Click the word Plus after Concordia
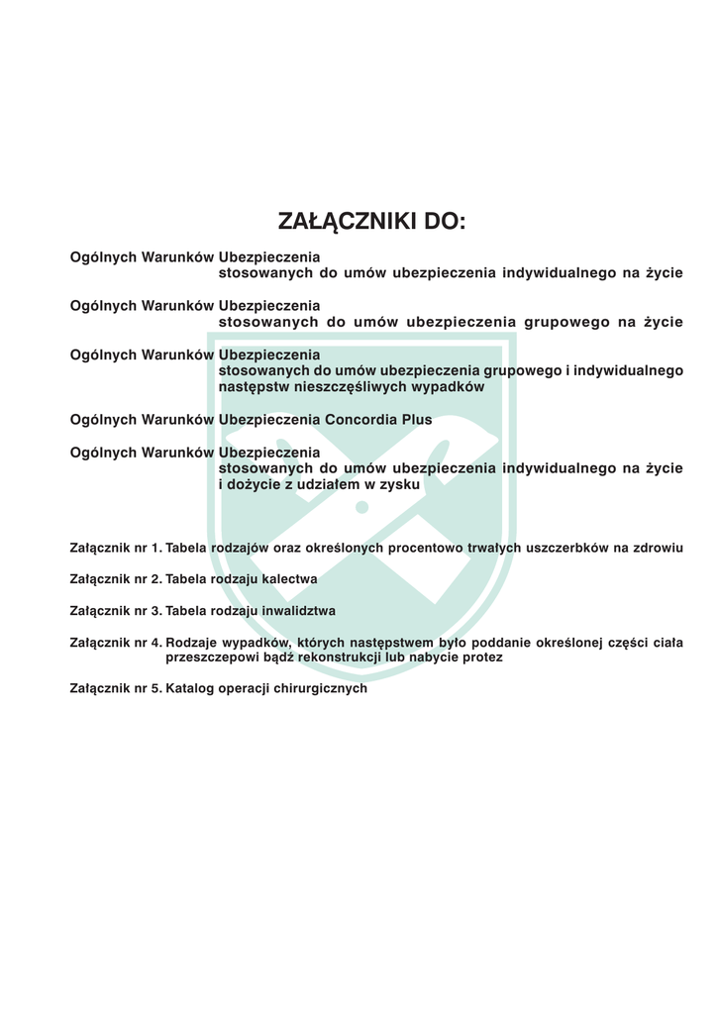(x=417, y=420)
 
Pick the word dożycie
(x=253, y=485)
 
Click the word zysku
(x=401, y=485)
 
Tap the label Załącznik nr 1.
(x=115, y=548)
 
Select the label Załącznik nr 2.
(x=115, y=579)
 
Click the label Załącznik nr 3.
(x=115, y=611)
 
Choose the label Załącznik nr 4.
(x=115, y=643)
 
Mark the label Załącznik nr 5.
(x=115, y=689)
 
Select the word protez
(x=483, y=658)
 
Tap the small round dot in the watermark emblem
(x=361, y=508)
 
